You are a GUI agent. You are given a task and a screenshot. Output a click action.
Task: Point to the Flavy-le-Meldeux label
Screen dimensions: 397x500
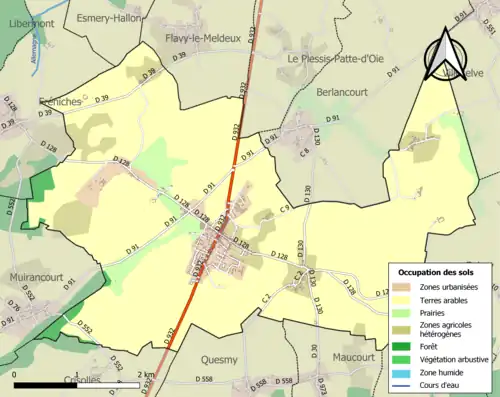coord(203,38)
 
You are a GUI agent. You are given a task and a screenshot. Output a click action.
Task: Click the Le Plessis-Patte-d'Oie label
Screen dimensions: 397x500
coord(335,58)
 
